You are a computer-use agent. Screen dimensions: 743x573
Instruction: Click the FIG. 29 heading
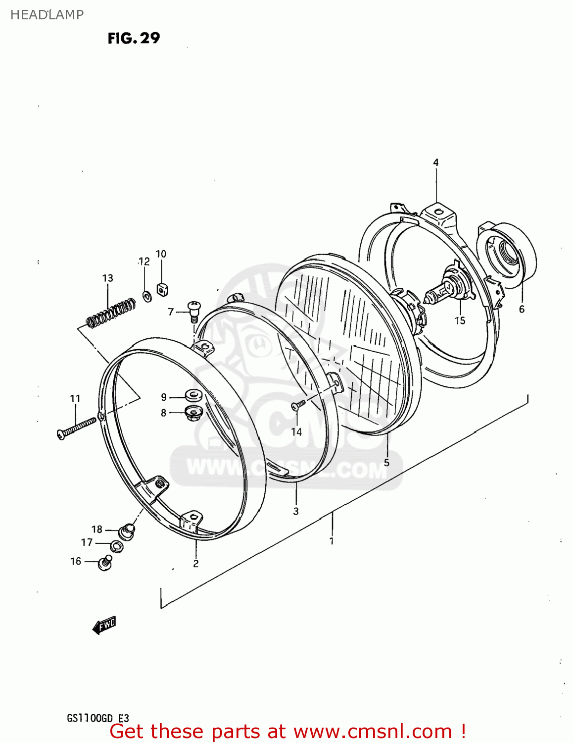click(x=134, y=38)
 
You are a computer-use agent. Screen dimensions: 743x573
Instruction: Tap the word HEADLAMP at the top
click(x=47, y=15)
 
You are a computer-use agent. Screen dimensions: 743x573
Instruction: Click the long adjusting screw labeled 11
click(x=77, y=427)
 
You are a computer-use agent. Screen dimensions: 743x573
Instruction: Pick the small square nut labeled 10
click(x=161, y=288)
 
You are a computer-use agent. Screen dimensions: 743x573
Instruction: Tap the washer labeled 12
click(x=147, y=296)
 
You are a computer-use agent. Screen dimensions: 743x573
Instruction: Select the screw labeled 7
click(x=193, y=310)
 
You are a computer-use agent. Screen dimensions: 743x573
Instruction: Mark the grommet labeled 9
click(x=193, y=396)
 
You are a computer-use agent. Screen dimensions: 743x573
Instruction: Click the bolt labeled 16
click(x=105, y=563)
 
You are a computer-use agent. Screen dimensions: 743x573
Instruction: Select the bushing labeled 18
click(x=128, y=531)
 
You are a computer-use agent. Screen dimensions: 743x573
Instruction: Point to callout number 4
click(x=436, y=162)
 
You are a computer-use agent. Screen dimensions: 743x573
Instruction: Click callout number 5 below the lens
click(x=386, y=463)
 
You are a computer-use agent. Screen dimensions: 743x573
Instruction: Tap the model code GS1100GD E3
click(x=98, y=718)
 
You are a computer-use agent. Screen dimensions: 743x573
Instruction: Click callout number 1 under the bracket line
click(x=332, y=541)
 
